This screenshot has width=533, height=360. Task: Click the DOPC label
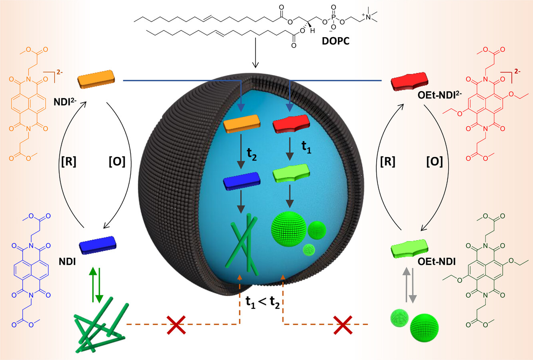[335, 41]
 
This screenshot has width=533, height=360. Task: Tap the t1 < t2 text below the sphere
[262, 303]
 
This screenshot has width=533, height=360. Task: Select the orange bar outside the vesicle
[96, 80]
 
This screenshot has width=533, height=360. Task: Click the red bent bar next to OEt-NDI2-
[409, 82]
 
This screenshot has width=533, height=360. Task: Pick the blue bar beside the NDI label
[98, 245]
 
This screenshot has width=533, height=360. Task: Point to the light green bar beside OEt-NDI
[409, 249]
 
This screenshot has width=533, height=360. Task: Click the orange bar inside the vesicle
[242, 124]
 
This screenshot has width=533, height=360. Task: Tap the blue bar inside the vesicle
[242, 181]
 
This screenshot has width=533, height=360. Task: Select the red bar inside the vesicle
[291, 124]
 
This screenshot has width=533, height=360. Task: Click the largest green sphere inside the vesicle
[289, 229]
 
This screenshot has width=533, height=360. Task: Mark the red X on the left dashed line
[176, 325]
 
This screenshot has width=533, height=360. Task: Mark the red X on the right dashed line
[343, 325]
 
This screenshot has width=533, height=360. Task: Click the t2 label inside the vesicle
[252, 154]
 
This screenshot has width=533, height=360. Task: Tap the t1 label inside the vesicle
[306, 147]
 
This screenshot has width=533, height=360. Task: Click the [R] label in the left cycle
[69, 162]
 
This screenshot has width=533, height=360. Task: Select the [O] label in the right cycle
[435, 162]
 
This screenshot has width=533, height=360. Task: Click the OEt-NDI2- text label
[439, 95]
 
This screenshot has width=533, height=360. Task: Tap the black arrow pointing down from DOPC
[256, 53]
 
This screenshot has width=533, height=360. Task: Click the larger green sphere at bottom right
[424, 328]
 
